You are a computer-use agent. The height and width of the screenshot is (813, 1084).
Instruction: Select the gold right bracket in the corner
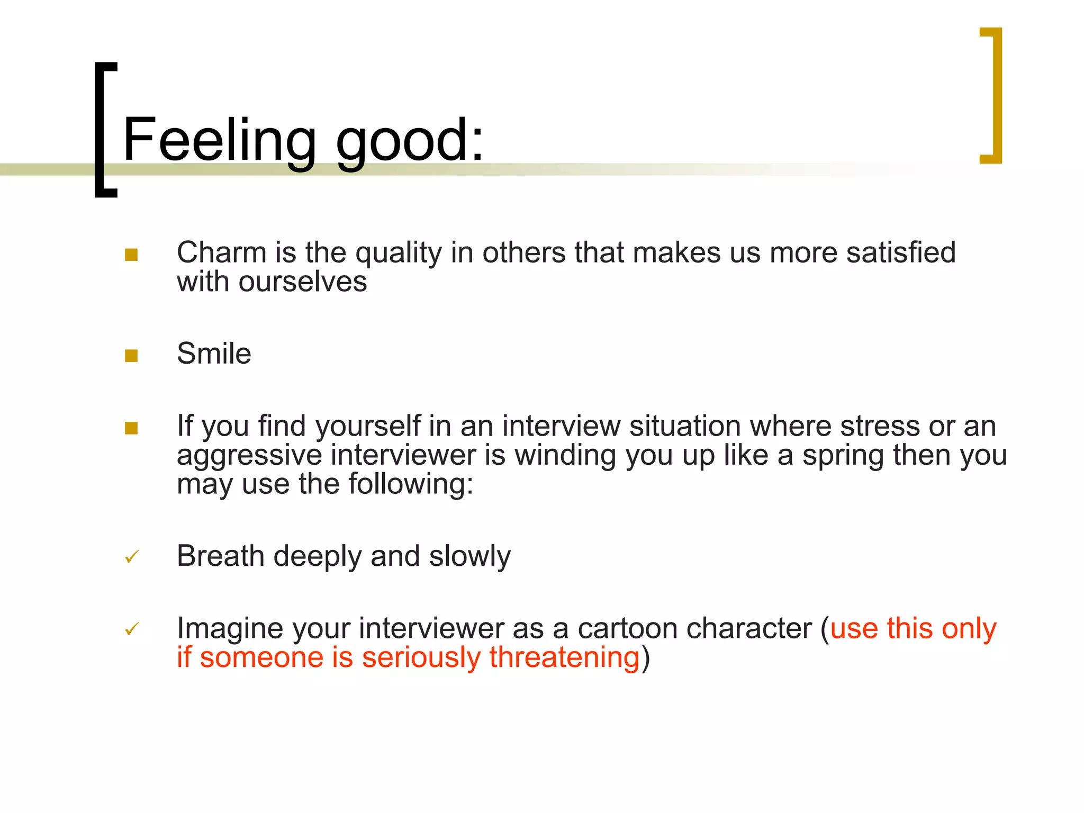pos(993,95)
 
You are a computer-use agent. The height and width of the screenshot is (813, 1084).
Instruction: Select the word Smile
pos(214,354)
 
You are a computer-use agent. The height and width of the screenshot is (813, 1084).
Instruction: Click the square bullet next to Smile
pos(131,356)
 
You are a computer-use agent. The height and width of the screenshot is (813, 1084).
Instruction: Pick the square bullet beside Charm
pos(131,255)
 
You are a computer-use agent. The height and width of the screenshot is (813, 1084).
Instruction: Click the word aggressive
pos(249,455)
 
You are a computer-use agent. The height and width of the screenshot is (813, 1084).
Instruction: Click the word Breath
pos(221,556)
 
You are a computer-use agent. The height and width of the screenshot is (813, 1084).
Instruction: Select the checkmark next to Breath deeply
pos(132,557)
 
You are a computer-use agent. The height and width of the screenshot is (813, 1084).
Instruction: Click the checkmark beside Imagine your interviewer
pos(132,629)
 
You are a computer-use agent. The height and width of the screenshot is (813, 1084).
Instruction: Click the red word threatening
pos(564,658)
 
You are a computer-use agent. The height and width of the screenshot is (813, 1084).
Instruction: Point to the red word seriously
pos(421,658)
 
